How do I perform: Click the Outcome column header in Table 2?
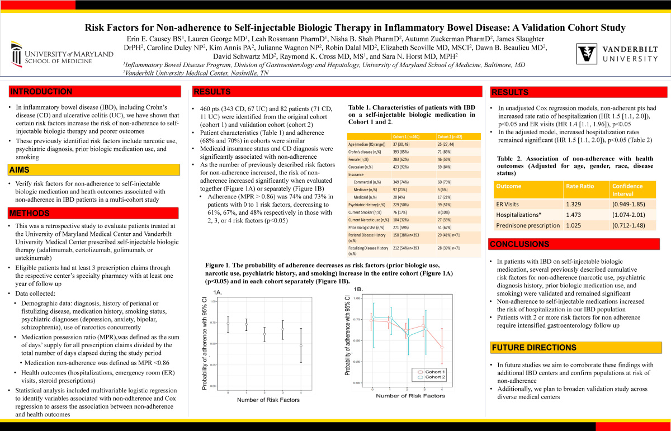click(x=509, y=186)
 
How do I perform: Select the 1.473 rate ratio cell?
click(x=576, y=215)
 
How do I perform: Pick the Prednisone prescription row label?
click(x=528, y=225)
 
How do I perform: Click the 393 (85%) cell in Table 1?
click(x=405, y=152)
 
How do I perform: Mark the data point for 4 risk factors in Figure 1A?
click(x=301, y=345)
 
